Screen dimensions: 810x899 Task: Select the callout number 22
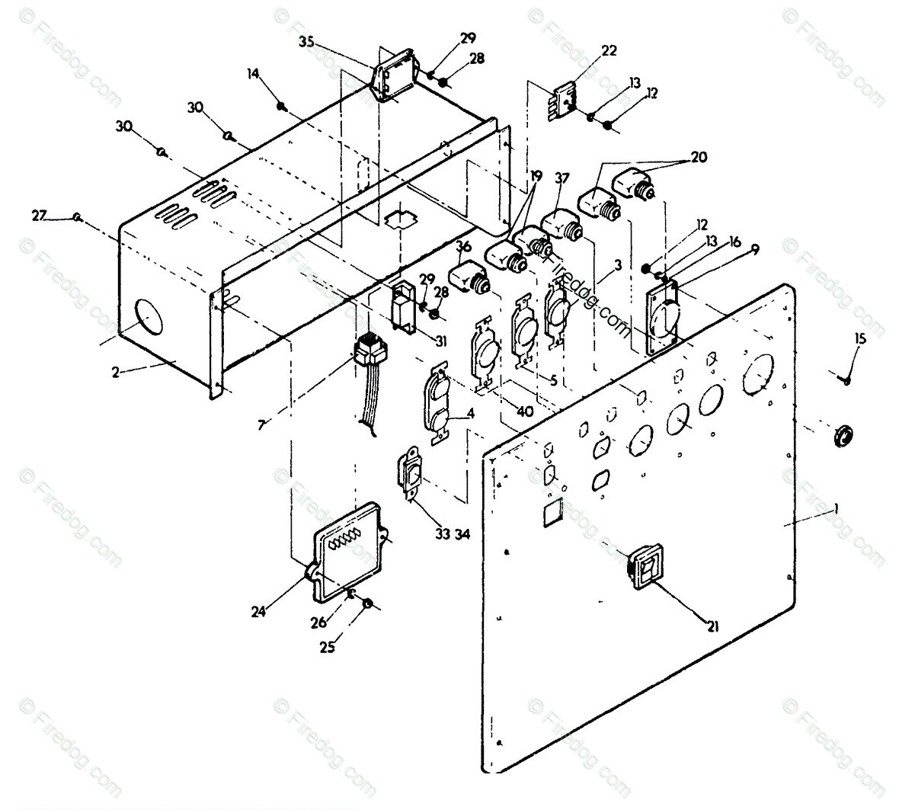pos(609,52)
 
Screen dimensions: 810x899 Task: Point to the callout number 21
pos(712,628)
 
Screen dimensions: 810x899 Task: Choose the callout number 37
pos(563,178)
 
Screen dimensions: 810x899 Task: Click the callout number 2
pos(116,373)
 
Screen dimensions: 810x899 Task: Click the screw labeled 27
pos(77,217)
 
